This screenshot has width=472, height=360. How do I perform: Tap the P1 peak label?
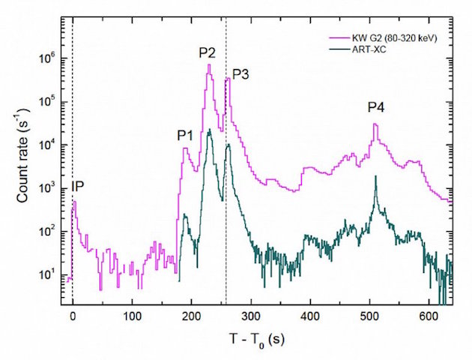point(184,136)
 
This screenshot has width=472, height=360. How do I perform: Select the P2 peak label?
point(208,52)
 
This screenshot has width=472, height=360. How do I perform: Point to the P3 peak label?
point(240,74)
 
